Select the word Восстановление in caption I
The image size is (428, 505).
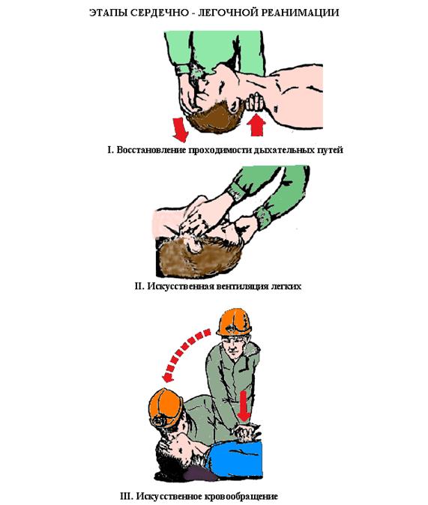(x=151, y=150)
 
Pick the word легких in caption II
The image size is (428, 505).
(x=286, y=286)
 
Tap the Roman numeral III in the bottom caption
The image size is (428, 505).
(x=126, y=496)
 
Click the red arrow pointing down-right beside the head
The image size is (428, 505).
(x=180, y=129)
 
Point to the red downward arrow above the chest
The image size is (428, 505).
(x=244, y=406)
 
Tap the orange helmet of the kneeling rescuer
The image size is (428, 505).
(x=234, y=321)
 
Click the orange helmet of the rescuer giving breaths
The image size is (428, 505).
(x=166, y=408)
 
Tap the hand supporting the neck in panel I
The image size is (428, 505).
(x=255, y=102)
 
